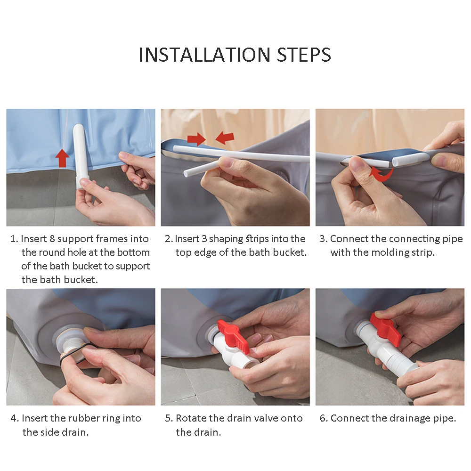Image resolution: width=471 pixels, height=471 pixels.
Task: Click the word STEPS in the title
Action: [304, 55]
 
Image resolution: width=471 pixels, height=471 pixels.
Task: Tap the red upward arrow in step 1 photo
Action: [62, 158]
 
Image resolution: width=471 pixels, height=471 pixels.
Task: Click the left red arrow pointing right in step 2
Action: [196, 139]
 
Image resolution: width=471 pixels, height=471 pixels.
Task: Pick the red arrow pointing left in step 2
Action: [225, 138]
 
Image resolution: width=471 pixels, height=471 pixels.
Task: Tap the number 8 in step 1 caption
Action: [52, 239]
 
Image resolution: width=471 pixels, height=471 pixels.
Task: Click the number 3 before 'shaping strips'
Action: [204, 239]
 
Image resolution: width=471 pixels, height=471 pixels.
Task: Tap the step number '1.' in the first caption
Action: [14, 239]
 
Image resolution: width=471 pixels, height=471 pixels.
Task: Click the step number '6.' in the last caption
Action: [324, 418]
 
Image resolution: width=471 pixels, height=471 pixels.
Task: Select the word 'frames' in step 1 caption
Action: [112, 239]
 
